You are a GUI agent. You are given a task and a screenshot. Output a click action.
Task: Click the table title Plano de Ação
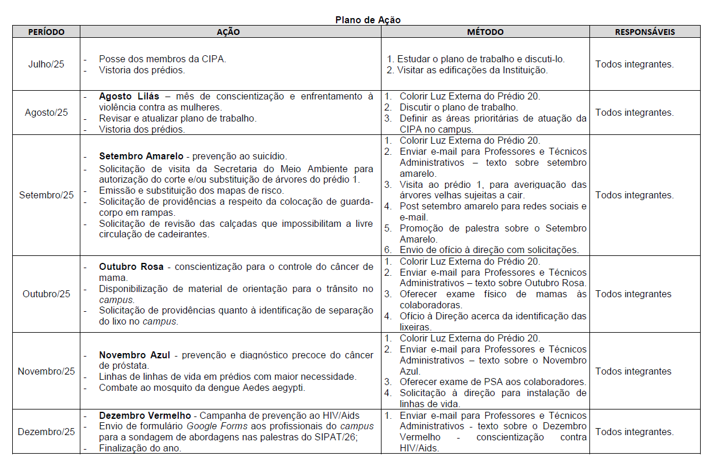click(368, 20)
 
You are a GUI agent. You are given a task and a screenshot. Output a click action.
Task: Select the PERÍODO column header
click(46, 32)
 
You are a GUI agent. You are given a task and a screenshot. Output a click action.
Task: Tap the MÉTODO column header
click(485, 32)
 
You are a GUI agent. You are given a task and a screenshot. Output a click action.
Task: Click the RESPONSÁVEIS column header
click(645, 32)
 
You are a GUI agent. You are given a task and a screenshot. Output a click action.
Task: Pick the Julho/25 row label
click(46, 64)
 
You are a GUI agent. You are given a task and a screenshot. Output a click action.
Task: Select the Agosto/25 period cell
click(46, 112)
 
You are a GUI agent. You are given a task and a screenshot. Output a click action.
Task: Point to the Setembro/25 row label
click(46, 195)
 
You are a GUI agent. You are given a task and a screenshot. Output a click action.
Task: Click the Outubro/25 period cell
click(46, 294)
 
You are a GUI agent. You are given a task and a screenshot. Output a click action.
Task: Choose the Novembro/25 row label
click(46, 371)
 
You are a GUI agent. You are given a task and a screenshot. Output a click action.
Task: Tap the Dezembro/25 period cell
click(46, 432)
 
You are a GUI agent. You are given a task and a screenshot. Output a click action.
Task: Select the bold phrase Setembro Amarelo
click(142, 156)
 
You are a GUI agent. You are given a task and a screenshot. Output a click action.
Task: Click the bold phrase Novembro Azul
click(137, 355)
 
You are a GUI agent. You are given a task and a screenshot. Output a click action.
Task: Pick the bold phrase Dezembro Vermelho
click(145, 416)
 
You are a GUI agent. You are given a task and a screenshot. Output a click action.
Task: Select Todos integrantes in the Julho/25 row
click(634, 64)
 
